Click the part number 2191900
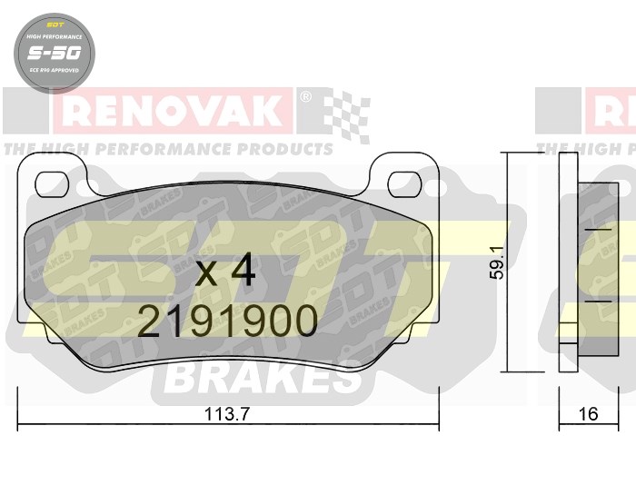(x=227, y=320)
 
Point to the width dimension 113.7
(x=227, y=414)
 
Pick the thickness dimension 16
(x=588, y=414)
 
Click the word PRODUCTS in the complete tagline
(x=289, y=148)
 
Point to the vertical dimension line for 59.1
(x=506, y=263)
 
